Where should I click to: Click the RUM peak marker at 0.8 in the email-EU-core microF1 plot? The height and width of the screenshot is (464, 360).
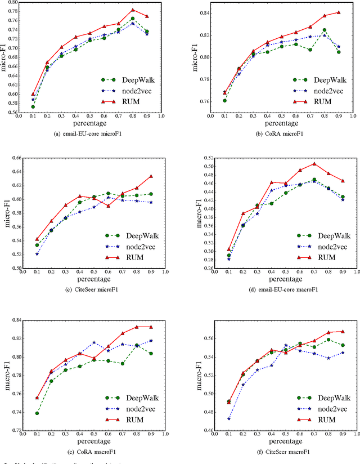pyautogui.click(x=133, y=10)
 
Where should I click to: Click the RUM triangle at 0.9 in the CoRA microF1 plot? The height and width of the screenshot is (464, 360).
pyautogui.click(x=338, y=12)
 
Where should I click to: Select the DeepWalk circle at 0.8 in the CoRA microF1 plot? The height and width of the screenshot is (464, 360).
pyautogui.click(x=324, y=30)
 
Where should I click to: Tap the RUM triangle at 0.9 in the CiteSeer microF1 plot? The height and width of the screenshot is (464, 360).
pyautogui.click(x=151, y=176)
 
